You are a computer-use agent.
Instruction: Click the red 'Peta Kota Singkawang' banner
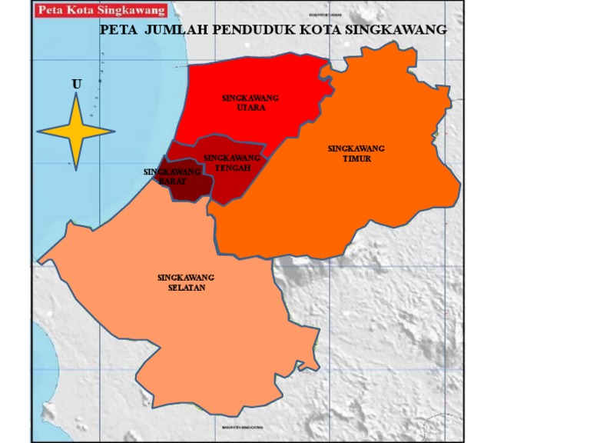pos(101,10)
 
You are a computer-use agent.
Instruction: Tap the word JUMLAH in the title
pos(171,31)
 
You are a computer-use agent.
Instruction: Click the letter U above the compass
pos(76,83)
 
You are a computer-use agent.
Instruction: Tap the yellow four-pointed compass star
pos(76,132)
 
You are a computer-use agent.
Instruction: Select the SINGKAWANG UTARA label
pos(250,103)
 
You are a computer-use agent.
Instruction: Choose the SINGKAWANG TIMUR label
pos(356,153)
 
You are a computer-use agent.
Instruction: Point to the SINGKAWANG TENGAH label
pos(232,163)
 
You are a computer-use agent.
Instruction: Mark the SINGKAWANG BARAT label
pos(172,176)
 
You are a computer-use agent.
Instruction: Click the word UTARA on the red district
pos(250,108)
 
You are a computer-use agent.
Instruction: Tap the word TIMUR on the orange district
pos(356,158)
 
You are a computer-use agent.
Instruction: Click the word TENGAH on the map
pos(233,168)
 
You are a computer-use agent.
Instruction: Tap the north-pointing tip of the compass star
pos(76,95)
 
